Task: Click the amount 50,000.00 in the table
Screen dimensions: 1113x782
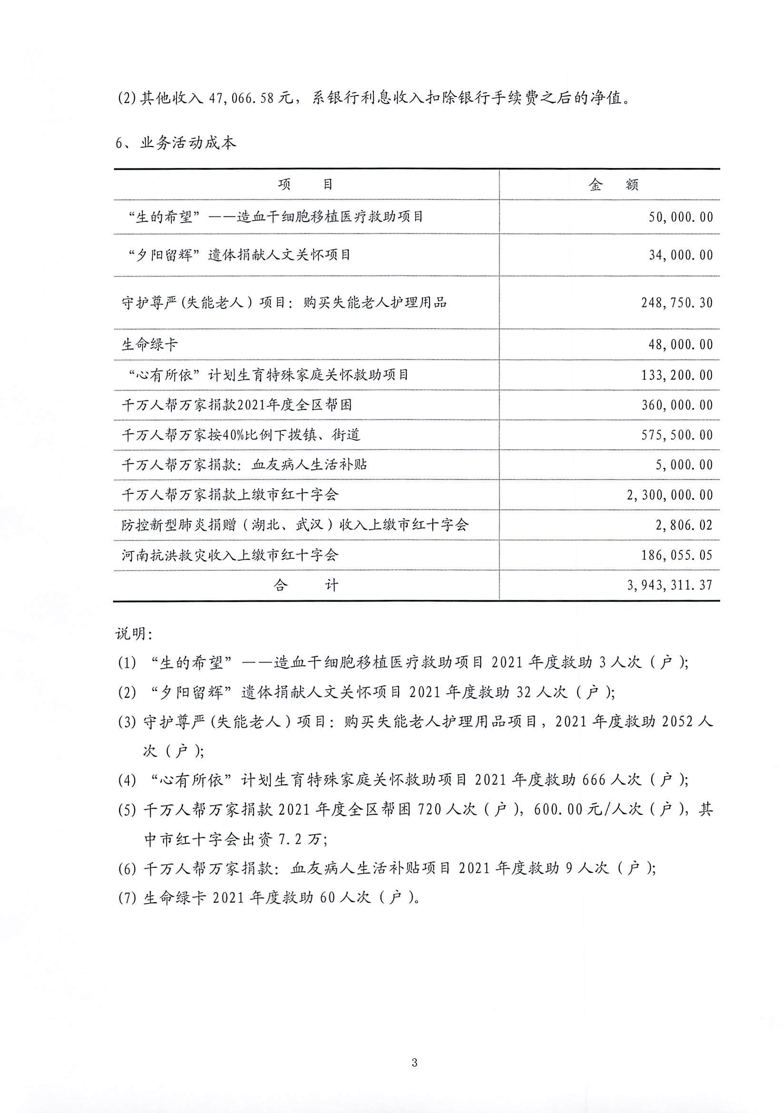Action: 681,217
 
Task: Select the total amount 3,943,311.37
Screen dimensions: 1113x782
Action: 670,585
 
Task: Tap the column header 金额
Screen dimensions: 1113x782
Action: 613,185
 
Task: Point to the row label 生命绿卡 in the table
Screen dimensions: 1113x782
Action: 149,345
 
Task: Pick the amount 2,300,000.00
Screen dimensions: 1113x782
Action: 670,495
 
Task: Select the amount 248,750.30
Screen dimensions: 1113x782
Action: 677,303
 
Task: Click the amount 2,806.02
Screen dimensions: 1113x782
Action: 684,525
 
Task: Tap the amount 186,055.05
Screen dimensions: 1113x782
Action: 677,555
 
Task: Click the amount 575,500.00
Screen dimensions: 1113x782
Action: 677,435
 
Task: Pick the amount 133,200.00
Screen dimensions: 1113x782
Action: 677,375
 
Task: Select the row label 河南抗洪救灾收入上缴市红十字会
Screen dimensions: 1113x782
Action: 229,555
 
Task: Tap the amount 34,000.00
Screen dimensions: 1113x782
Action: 681,255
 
